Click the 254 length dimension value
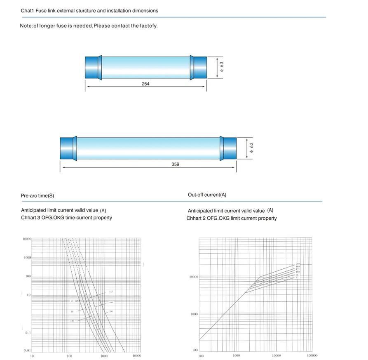pyautogui.click(x=145, y=84)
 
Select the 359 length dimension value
pyautogui.click(x=175, y=164)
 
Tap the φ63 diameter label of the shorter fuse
pyautogui.click(x=222, y=67)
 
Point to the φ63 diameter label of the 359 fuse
pyautogui.click(x=251, y=148)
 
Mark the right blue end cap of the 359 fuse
pyautogui.click(x=229, y=148)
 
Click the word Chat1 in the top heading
pyautogui.click(x=28, y=11)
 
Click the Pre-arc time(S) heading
pyautogui.click(x=38, y=195)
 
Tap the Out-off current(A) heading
pyautogui.click(x=207, y=195)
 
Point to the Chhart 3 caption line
pyautogui.click(x=66, y=218)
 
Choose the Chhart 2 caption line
pyautogui.click(x=232, y=218)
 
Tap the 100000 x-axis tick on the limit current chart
pyautogui.click(x=312, y=355)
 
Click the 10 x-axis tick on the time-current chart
pyautogui.click(x=32, y=356)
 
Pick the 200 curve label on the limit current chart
pyautogui.click(x=298, y=264)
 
